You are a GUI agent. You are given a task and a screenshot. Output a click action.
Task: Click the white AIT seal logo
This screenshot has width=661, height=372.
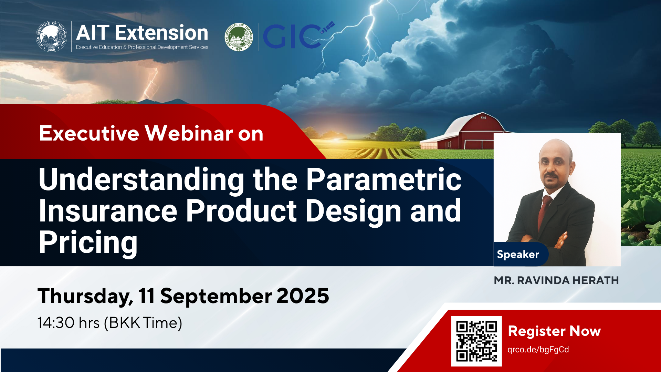point(51,37)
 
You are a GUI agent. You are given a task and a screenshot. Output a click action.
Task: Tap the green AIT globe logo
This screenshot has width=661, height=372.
point(239,37)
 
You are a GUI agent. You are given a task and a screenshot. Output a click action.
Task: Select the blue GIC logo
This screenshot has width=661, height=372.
point(298,35)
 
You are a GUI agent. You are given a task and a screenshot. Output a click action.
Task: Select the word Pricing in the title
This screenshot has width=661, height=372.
point(88,243)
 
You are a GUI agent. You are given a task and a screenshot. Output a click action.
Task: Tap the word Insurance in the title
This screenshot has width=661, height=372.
point(108,211)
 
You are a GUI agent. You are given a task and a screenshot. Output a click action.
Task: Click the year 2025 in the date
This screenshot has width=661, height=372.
point(303,296)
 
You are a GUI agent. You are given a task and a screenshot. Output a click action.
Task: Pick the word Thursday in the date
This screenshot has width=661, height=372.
point(85,297)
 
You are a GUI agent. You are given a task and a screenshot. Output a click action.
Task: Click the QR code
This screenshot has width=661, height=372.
point(476,341)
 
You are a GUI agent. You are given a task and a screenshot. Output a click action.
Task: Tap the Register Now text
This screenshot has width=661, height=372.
point(554,331)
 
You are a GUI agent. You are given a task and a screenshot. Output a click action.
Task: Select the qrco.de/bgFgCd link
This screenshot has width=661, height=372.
point(538,350)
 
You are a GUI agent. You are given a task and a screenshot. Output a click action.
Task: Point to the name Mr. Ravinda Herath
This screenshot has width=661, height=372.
point(556,280)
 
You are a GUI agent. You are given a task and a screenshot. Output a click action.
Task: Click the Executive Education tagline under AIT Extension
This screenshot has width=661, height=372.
point(142,47)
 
